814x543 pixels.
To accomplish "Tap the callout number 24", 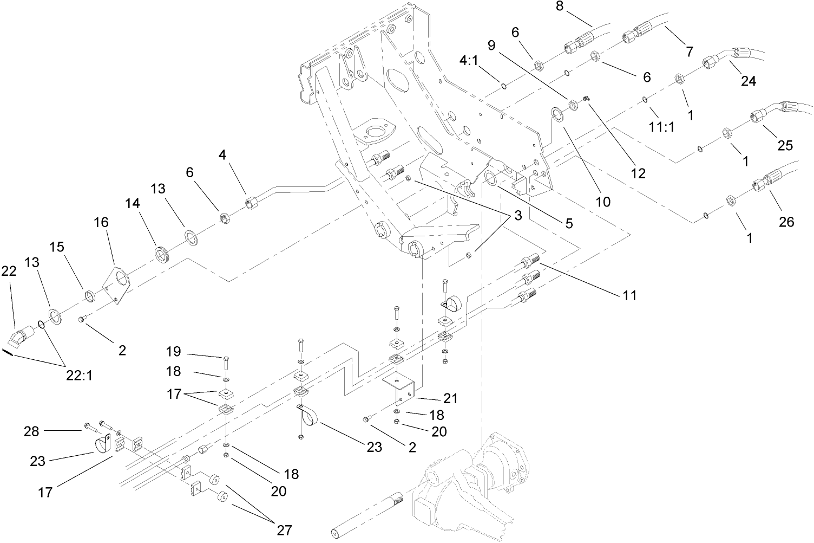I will point(748,81).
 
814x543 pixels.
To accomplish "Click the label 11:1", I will point(662,127).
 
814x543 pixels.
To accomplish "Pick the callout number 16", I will point(101,222).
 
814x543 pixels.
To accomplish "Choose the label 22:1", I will point(79,375).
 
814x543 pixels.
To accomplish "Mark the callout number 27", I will point(284,529).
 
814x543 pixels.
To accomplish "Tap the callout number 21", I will point(450,398).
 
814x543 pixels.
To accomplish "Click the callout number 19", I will point(173,352).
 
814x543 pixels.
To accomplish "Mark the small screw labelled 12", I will point(586,98).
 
